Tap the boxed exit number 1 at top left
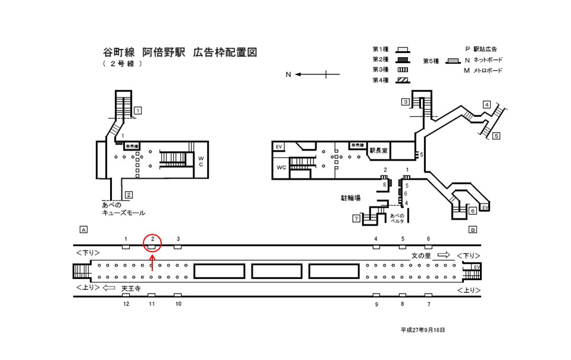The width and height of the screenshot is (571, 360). point(137,110)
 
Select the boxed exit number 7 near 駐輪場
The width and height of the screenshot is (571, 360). point(356,219)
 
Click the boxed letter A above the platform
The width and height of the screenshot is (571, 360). point(83,229)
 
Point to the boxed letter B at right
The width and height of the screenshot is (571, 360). point(473,229)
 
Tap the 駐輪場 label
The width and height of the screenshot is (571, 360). point(351,197)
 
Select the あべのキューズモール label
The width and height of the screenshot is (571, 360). point(123,209)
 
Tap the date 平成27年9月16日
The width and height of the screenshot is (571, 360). point(422,329)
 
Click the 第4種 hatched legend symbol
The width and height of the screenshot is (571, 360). point(403,80)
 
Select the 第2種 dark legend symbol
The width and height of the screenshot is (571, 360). point(403,60)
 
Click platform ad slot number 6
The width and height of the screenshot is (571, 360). point(428,239)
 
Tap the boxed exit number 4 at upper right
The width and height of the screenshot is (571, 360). point(487,105)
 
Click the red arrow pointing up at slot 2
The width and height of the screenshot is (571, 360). point(153,262)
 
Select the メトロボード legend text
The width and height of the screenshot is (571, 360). point(488,71)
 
